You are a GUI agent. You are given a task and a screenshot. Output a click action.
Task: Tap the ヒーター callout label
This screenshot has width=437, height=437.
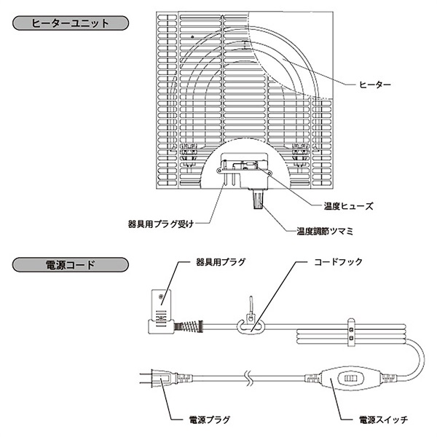376,85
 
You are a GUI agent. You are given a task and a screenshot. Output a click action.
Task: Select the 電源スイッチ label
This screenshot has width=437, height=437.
383,420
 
